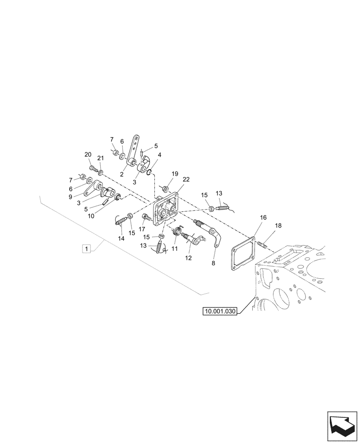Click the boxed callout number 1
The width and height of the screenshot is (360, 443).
pos(86,249)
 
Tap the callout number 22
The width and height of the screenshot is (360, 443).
pos(186,179)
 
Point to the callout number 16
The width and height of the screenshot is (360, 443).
pos(263,218)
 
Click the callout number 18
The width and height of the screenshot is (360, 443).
pos(278,226)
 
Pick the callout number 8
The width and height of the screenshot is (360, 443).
pos(213,263)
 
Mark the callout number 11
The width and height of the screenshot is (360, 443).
pos(174,249)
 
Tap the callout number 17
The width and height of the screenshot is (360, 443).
pos(142,229)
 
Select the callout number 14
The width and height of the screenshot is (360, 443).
pos(121,238)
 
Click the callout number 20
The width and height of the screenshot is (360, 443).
pos(88,154)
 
